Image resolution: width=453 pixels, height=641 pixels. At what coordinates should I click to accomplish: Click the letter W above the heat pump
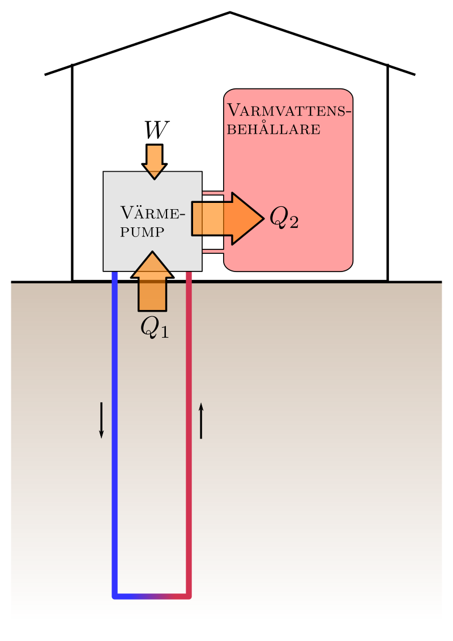[155, 131]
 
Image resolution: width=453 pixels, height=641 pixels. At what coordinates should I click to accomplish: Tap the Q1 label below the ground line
[155, 327]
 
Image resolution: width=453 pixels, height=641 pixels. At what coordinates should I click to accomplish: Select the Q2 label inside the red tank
[284, 217]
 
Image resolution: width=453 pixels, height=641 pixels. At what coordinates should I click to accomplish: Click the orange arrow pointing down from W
[154, 161]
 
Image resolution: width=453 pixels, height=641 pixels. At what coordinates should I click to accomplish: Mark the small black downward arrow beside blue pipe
[101, 420]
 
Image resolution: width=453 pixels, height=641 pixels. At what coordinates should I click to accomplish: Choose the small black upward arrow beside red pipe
[201, 420]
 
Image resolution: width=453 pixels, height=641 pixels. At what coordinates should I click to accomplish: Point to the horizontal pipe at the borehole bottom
[152, 596]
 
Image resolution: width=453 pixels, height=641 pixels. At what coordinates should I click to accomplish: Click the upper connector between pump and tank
[213, 193]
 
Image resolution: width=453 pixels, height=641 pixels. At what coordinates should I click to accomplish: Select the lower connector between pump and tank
[213, 250]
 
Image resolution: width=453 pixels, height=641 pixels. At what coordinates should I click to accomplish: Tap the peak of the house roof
[230, 12]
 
